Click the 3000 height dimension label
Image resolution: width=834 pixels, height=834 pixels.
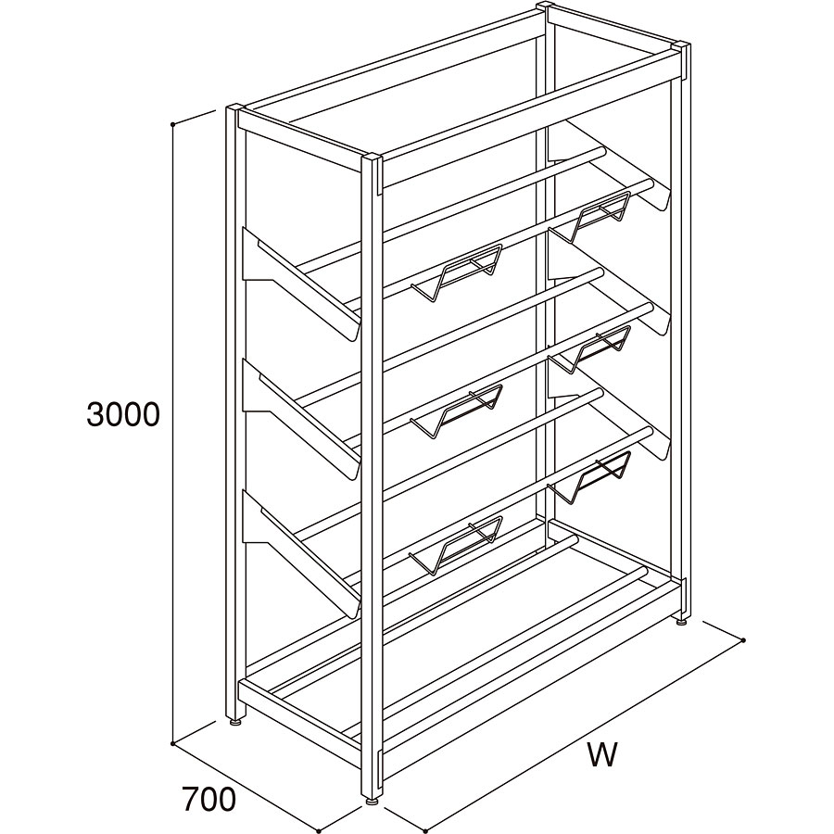pos(123,414)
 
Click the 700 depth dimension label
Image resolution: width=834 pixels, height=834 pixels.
pos(208,800)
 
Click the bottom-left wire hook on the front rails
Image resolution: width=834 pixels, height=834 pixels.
pos(456,546)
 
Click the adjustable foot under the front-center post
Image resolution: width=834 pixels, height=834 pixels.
pos(372,815)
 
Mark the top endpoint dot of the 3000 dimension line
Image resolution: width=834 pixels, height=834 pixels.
pos(173,124)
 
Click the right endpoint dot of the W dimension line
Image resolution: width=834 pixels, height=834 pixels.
pos(743,639)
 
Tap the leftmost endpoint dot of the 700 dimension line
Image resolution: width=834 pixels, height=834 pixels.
pos(173,744)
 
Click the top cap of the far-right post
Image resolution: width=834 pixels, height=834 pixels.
pos(682,45)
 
